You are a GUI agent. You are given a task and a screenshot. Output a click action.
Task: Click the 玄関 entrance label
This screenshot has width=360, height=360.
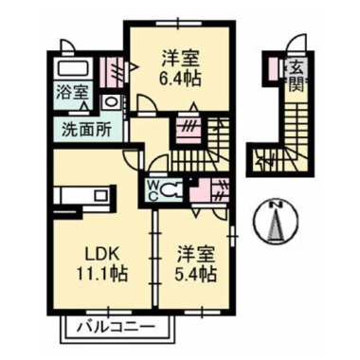pyautogui.click(x=295, y=76)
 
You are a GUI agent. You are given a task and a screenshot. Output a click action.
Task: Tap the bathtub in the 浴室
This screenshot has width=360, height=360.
pyautogui.click(x=71, y=69)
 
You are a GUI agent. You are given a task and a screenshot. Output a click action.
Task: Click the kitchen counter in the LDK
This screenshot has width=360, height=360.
pyautogui.click(x=83, y=196)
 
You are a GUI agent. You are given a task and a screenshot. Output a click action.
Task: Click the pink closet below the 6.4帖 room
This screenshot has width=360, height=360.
pyautogui.click(x=187, y=127)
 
